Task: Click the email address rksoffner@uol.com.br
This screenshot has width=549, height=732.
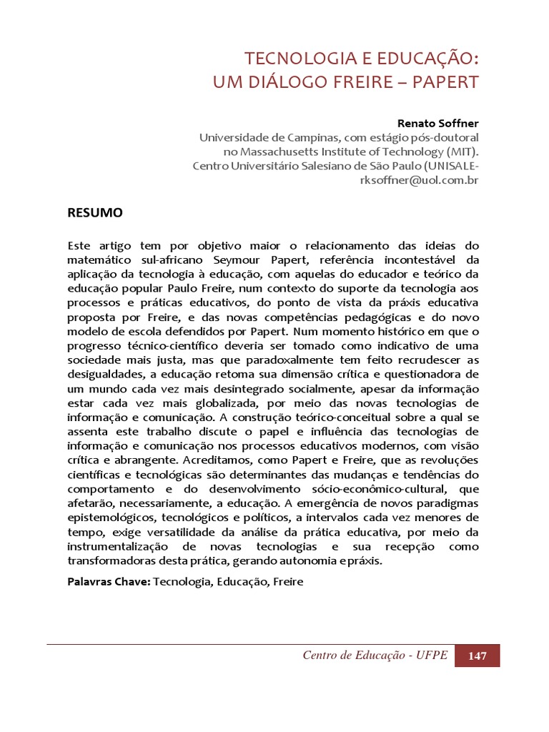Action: pyautogui.click(x=419, y=180)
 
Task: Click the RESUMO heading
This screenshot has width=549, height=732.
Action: pyautogui.click(x=95, y=212)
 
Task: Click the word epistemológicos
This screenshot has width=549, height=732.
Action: pyautogui.click(x=110, y=517)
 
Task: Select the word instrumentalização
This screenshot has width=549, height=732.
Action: pyautogui.click(x=119, y=546)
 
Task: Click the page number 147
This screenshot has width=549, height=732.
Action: pyautogui.click(x=478, y=656)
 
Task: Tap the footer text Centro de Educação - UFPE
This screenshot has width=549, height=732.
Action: pyautogui.click(x=375, y=656)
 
